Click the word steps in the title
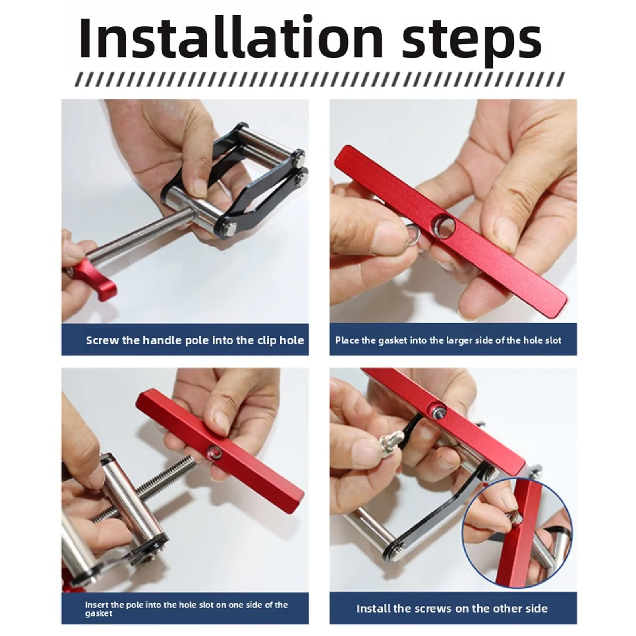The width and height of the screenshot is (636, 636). [472, 43]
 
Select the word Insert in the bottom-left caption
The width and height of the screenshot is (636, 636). [95, 605]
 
